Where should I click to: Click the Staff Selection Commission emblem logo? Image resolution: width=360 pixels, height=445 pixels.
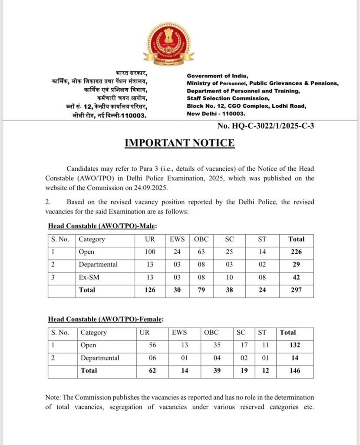tap(168, 45)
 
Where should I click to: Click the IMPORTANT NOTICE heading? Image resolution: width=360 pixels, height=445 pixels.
tap(180, 143)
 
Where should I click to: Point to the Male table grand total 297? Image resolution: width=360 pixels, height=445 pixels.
tap(297, 290)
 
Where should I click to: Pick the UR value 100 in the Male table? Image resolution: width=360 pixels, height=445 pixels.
tap(150, 252)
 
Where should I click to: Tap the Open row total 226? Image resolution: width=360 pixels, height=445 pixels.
tap(297, 252)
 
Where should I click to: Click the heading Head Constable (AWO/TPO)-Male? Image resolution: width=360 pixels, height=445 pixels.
tap(102, 226)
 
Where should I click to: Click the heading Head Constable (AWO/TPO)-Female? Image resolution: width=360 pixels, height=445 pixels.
tap(106, 319)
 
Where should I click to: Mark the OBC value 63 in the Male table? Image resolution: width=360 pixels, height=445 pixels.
tap(201, 252)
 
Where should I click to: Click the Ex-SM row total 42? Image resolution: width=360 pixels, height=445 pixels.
tap(297, 277)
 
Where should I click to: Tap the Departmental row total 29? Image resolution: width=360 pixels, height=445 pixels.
tap(297, 264)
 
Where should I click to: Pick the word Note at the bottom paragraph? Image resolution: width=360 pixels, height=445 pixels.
tap(53, 397)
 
